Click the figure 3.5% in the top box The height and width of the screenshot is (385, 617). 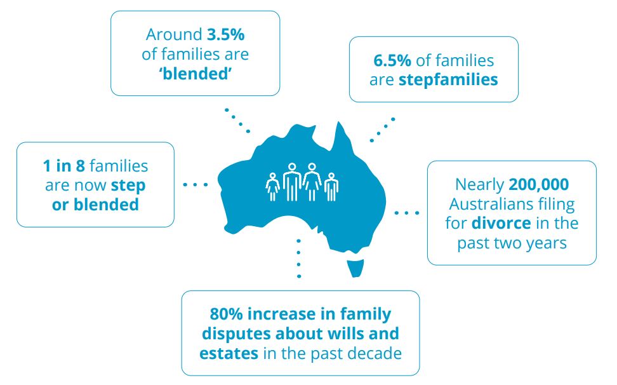[x=225, y=35]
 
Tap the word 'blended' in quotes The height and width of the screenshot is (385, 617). [x=195, y=74]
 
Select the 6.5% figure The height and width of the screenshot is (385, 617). [x=392, y=60]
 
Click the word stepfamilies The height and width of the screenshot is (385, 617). [x=448, y=80]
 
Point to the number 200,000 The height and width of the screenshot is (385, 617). [x=539, y=185]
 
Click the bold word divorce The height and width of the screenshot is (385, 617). [x=501, y=223]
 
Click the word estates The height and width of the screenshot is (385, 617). [x=229, y=353]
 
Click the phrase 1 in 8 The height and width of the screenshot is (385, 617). [x=63, y=166]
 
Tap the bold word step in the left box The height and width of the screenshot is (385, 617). [x=128, y=186]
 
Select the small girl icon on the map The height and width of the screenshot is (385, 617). [x=273, y=187]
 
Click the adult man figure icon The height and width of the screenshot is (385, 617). [x=292, y=182]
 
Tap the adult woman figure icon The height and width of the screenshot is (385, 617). [x=312, y=182]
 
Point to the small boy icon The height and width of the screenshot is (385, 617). [x=331, y=187]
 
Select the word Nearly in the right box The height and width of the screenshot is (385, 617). [x=479, y=185]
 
